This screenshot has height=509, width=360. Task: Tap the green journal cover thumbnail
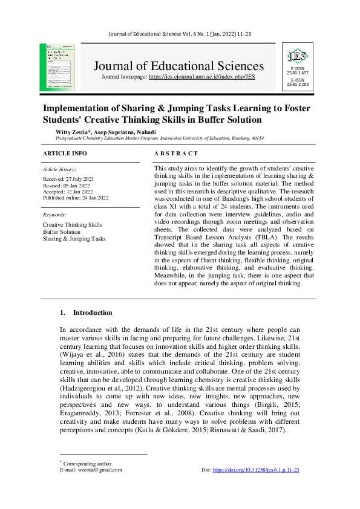[x=57, y=67]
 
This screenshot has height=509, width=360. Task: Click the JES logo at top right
[x=296, y=57]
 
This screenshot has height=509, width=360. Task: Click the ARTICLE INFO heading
[x=65, y=154]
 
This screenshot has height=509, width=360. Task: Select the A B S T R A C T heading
[x=176, y=154]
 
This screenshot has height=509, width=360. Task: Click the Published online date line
[x=76, y=198]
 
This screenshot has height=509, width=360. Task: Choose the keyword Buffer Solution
[x=61, y=232]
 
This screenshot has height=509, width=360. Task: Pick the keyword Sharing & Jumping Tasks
[x=74, y=238]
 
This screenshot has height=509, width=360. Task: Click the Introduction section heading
[x=92, y=313]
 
